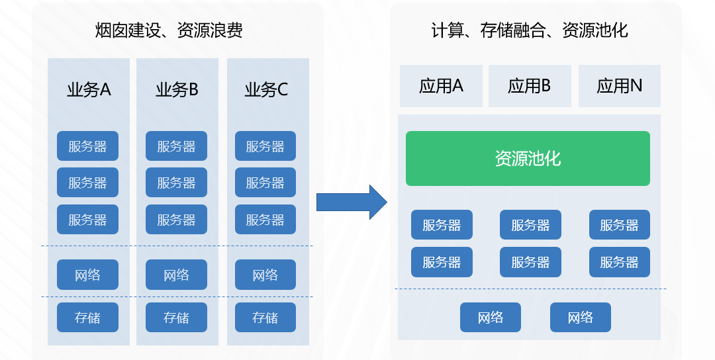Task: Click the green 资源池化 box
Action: click(x=528, y=159)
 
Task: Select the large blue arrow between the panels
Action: click(x=351, y=202)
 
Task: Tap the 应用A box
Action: click(x=441, y=86)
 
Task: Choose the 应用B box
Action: click(x=530, y=86)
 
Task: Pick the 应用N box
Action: click(x=619, y=86)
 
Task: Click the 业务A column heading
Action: click(x=88, y=90)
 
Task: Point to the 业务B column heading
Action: click(x=177, y=90)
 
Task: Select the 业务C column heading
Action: click(x=266, y=90)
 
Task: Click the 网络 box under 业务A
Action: click(x=87, y=275)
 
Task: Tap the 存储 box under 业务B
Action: click(x=176, y=318)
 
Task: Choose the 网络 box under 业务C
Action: click(x=265, y=275)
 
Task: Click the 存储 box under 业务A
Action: click(x=87, y=318)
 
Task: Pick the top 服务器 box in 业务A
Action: click(x=87, y=146)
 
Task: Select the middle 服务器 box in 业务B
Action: click(x=176, y=183)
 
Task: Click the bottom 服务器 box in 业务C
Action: click(x=265, y=220)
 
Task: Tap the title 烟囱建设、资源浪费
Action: click(x=169, y=30)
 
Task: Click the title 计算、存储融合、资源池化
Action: click(x=529, y=30)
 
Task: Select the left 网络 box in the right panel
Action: click(x=491, y=318)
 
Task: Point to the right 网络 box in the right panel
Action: click(x=580, y=318)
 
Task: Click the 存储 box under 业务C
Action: click(x=265, y=318)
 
